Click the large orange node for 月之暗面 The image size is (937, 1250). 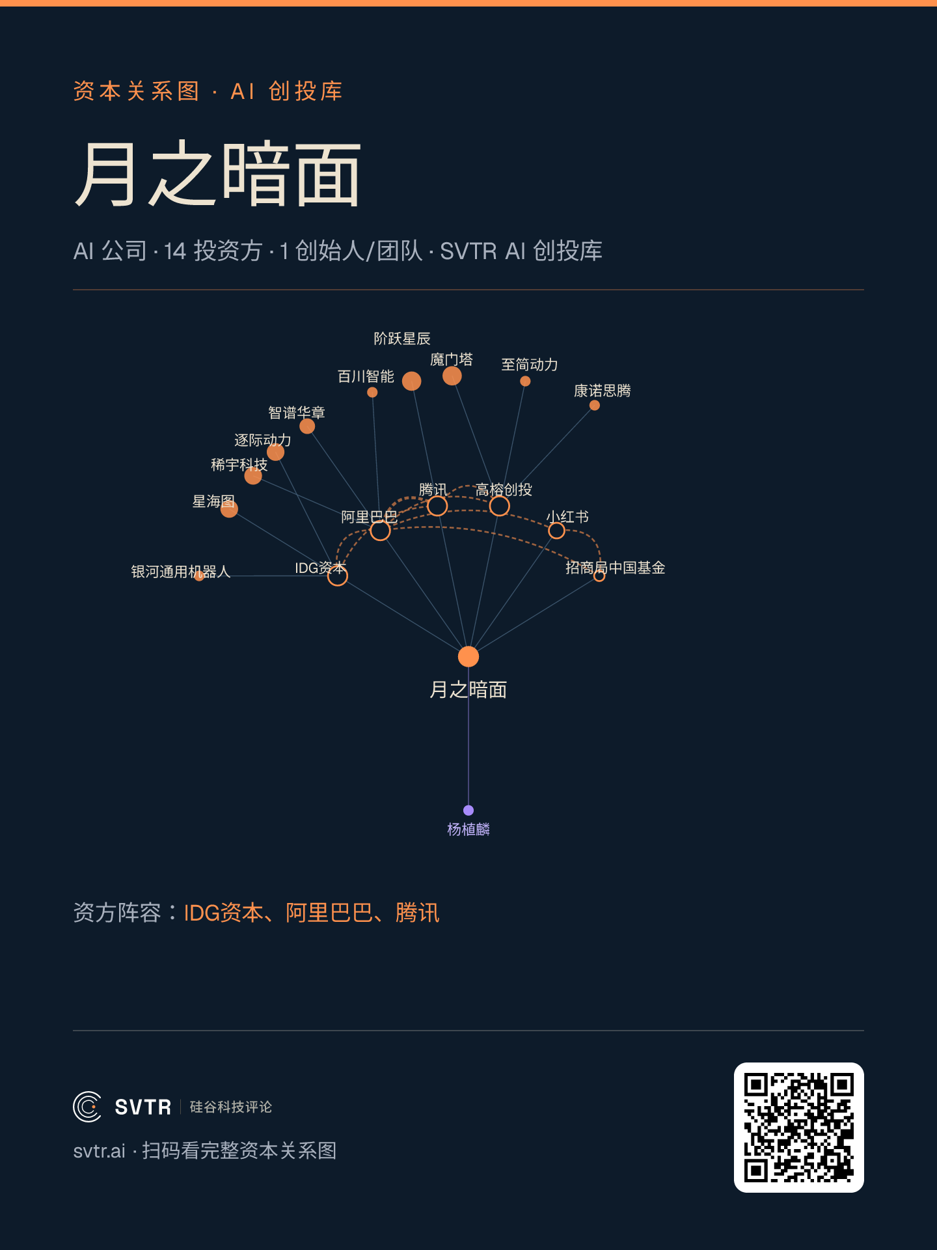click(468, 656)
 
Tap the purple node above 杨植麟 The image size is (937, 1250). click(468, 810)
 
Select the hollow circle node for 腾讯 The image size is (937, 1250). click(437, 506)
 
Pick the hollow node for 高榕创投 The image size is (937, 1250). click(499, 506)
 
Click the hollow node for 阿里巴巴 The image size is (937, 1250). click(380, 531)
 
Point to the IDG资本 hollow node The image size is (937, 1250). click(337, 576)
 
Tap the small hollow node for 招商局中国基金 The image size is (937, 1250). click(599, 576)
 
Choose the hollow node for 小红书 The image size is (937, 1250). click(556, 531)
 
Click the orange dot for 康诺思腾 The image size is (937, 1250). click(595, 405)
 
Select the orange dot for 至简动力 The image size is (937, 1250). click(525, 381)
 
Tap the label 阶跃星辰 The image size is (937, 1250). click(402, 339)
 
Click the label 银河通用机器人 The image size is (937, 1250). click(181, 572)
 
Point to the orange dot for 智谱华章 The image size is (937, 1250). click(307, 426)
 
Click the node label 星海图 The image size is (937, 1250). click(213, 501)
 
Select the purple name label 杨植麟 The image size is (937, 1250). click(468, 829)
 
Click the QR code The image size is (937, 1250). click(799, 1128)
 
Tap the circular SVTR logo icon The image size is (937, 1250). click(87, 1107)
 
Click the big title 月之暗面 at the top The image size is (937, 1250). click(217, 174)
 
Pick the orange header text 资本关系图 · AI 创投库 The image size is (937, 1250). click(208, 91)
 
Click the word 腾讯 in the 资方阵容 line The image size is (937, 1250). click(417, 913)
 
